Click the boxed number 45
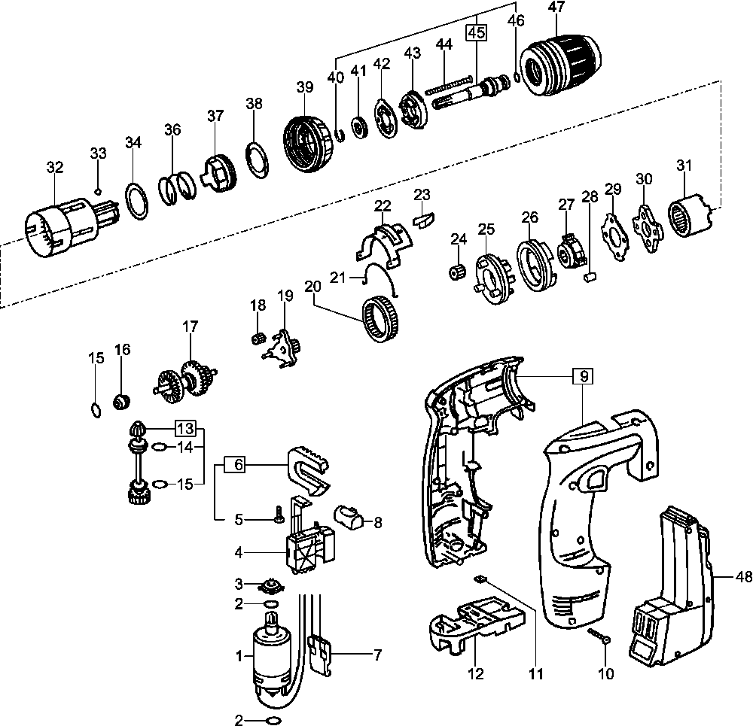click(476, 32)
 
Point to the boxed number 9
click(582, 375)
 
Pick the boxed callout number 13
click(185, 429)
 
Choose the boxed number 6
click(236, 465)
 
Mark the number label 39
click(304, 87)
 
